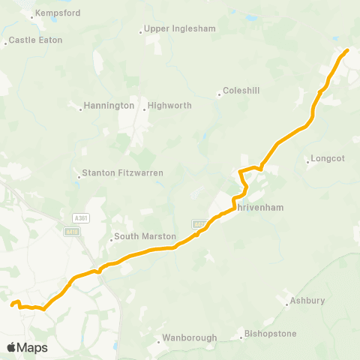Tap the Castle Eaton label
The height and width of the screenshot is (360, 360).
(36, 40)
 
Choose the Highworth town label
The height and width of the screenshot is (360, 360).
(171, 106)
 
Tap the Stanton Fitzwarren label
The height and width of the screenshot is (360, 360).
(123, 172)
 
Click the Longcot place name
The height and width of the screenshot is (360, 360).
(327, 158)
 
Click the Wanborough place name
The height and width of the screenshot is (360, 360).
(190, 337)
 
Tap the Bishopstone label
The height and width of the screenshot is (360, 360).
(271, 334)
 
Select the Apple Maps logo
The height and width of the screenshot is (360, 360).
(27, 347)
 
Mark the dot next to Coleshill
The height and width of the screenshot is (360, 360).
(220, 94)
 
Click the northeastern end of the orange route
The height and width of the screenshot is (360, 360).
(347, 51)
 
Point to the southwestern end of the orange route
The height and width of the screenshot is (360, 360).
(12, 304)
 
